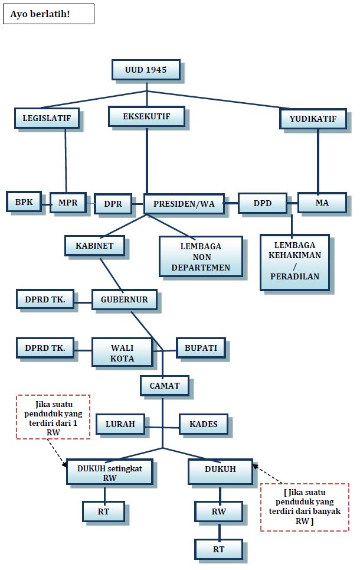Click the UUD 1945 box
146,70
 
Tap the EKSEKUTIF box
146,116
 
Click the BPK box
24,202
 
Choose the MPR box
68,203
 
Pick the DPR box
113,204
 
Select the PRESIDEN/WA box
184,204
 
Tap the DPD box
263,203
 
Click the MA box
322,203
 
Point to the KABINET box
94,245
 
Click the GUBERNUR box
124,299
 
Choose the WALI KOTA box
122,353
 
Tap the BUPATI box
201,348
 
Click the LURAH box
120,424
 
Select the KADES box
204,424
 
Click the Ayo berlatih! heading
48,14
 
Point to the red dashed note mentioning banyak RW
305,507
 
